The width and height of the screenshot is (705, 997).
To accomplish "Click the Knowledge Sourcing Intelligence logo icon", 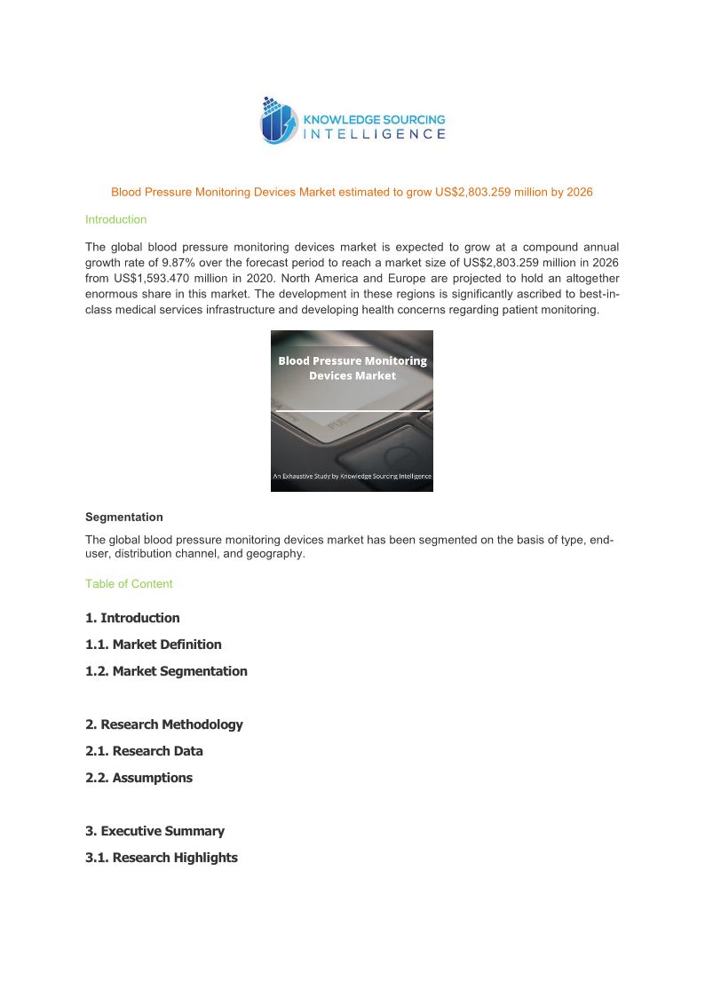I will pos(279,122).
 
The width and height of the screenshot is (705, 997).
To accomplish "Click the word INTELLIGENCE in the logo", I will pos(375,135).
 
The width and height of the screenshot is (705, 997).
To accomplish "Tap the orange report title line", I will pos(352,192).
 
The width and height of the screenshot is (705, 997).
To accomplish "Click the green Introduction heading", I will pos(115,219).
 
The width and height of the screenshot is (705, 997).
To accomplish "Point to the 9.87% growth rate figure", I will pos(186,263).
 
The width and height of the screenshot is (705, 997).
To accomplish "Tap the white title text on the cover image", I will pos(352,368).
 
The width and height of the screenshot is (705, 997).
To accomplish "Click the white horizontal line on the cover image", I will pos(352,411).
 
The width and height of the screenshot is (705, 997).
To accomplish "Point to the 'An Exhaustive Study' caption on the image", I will pos(352,477).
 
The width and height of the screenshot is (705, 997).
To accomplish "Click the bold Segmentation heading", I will pos(124,517).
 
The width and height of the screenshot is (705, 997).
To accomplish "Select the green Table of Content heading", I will pos(129,583).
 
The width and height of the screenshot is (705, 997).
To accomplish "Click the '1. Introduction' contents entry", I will pos(132,618).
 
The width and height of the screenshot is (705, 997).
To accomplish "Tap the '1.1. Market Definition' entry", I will pos(153,645).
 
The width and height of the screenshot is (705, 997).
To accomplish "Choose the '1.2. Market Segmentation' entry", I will pos(166,671).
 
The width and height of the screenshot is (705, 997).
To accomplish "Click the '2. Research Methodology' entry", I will pos(163,724).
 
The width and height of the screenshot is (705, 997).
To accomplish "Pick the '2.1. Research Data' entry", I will pos(144,751).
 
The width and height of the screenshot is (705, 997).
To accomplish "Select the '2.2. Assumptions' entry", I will pos(139,778).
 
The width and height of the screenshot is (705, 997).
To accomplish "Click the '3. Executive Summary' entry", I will pos(154,831).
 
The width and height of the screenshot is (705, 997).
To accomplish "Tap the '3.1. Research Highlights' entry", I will pos(161,858).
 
